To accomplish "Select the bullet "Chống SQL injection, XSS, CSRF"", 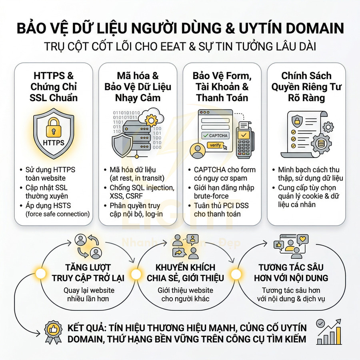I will tap(142, 192).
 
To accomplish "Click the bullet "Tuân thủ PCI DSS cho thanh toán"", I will tap(222, 209).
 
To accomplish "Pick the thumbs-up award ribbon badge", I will tap(53, 332).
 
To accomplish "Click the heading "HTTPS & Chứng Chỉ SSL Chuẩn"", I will tap(53, 87).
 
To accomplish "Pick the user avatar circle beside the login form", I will tap(197, 151).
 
